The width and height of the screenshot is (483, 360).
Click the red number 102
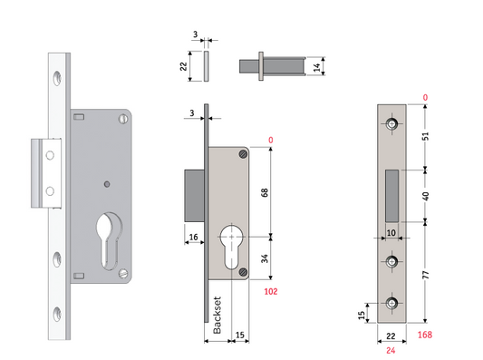pos(270,292)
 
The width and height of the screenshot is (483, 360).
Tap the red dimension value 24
pos(391,348)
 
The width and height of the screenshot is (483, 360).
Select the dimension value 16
pos(194,238)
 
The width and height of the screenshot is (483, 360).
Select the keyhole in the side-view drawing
pos(233,248)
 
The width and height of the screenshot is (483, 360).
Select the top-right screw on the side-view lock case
pos(242,156)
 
